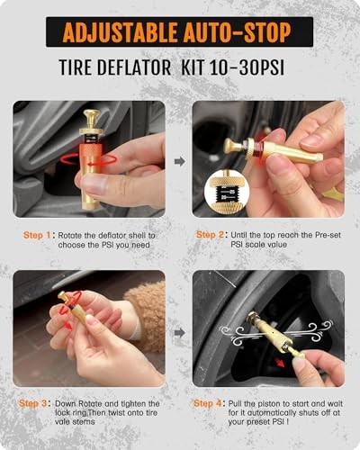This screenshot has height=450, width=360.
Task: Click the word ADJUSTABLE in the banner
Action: [120, 31]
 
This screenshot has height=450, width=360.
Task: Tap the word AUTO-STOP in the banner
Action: [237, 31]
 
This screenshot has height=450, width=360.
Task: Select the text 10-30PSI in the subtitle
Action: [247, 67]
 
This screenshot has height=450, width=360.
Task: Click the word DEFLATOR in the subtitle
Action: [134, 67]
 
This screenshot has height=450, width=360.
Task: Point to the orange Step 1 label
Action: [37, 235]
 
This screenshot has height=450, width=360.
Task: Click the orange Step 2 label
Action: [210, 235]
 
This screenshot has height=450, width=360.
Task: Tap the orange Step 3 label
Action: [32, 403]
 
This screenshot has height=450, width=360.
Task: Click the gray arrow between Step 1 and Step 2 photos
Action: [180, 161]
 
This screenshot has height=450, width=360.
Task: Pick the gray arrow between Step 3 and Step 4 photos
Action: [180, 332]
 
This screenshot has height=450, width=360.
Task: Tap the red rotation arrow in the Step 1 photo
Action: [88, 160]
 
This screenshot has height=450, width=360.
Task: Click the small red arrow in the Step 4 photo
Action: [280, 364]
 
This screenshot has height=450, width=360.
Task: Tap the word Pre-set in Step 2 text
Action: [328, 235]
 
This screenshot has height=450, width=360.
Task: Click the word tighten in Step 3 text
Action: [130, 404]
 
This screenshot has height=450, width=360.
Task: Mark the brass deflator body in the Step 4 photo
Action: [272, 332]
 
